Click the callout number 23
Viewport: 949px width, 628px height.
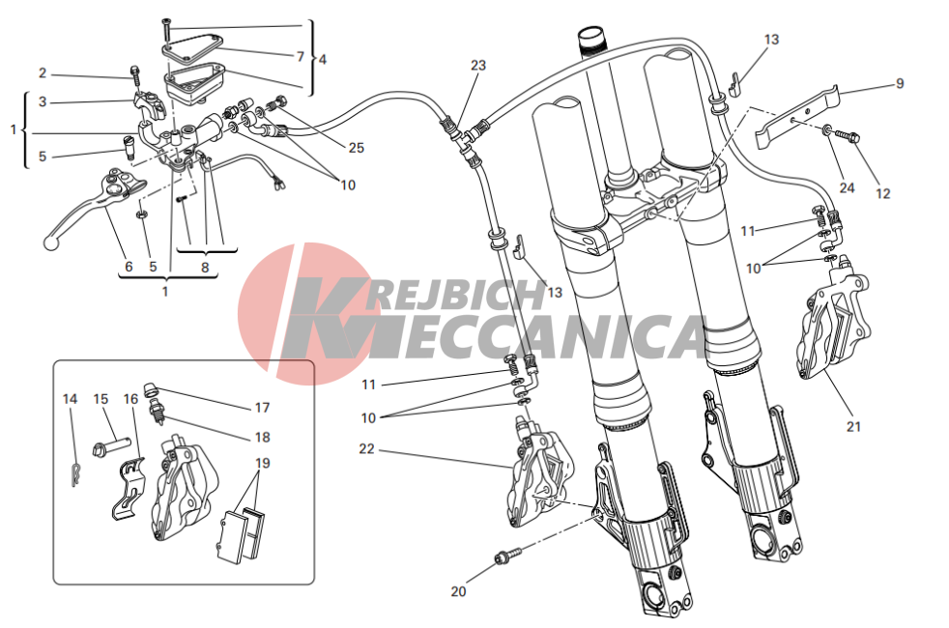(478, 65)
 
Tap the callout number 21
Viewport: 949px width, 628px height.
(853, 426)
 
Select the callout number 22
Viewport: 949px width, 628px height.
(367, 449)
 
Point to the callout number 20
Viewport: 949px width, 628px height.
(458, 591)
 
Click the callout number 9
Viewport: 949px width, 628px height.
(900, 83)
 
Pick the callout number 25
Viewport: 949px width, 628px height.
(357, 148)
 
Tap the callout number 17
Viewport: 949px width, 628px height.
(262, 408)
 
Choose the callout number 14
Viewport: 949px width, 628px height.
(71, 399)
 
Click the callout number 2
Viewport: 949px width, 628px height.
(43, 73)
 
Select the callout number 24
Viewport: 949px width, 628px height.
(847, 187)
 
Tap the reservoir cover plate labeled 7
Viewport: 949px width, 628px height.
(192, 47)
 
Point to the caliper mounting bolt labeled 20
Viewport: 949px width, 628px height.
(507, 556)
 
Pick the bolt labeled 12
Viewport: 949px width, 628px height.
(848, 136)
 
